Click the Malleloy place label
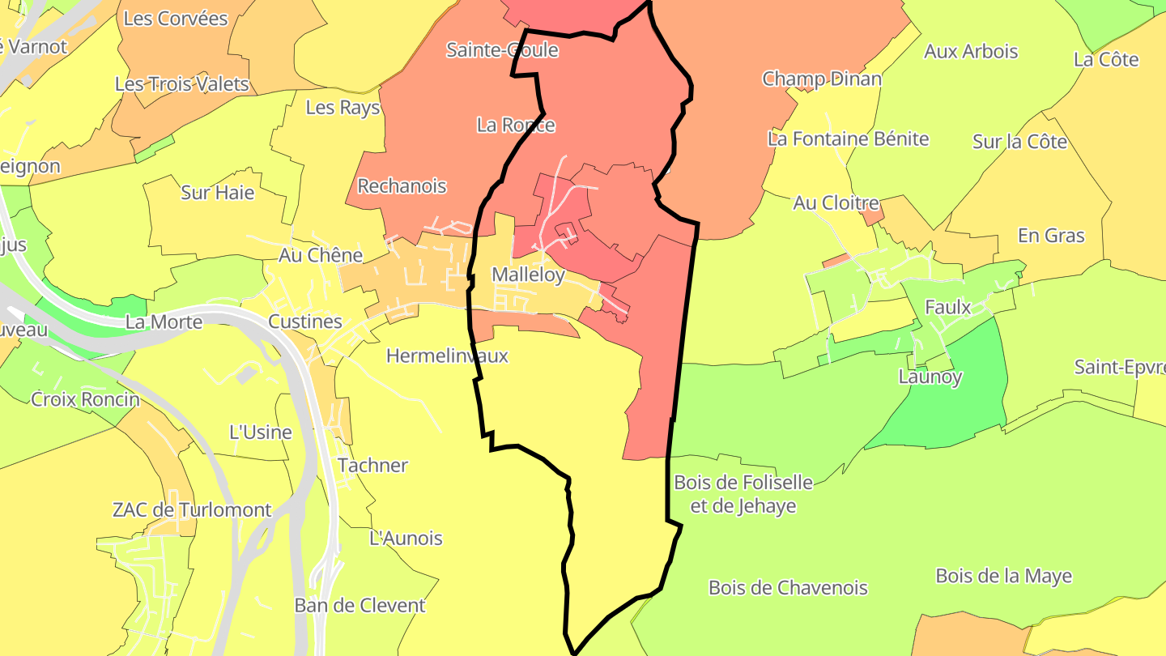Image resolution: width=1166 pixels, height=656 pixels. tap(528, 275)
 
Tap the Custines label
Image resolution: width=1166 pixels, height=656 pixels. tap(305, 322)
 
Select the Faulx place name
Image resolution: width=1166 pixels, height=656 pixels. tap(947, 308)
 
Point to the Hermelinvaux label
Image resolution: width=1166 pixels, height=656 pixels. tap(447, 356)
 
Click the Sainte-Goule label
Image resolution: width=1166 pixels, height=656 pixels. tap(502, 50)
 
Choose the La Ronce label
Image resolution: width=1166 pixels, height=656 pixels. tap(516, 125)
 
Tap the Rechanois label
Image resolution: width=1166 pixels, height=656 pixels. tap(402, 186)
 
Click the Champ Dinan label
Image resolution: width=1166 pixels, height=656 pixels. tap(822, 79)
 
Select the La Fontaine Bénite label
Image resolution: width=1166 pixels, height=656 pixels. tap(848, 138)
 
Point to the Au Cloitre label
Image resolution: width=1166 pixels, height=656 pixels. tap(836, 203)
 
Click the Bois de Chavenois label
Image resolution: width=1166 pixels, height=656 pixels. tap(788, 588)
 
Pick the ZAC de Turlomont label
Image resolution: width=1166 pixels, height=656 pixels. tap(192, 510)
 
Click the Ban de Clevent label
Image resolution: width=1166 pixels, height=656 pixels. tap(360, 606)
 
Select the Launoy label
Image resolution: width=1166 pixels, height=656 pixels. tap(930, 377)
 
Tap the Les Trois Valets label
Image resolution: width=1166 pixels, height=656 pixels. tap(181, 84)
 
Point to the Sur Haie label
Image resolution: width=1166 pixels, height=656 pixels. tap(217, 193)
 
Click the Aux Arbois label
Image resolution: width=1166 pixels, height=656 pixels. tap(971, 52)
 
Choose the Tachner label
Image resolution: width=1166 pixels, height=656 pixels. tap(372, 466)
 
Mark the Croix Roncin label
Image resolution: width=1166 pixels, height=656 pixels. tap(85, 399)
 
